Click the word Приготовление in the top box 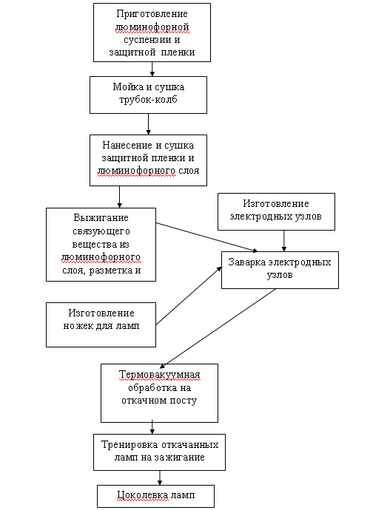point(152,14)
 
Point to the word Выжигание point(101,217)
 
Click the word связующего point(101,231)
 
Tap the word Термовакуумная point(159,375)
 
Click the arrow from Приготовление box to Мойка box point(152,69)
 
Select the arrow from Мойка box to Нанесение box point(148,124)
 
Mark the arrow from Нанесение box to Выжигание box point(120,197)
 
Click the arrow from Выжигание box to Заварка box point(206,237)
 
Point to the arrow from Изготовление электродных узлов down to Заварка point(284,241)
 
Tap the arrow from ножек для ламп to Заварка point(189,296)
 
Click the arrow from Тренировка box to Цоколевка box point(160,477)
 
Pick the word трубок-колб point(148,100)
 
